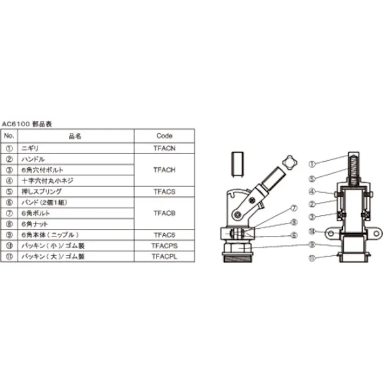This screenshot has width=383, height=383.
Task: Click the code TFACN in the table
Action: pos(164,146)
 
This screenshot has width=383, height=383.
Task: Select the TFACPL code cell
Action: pos(164,257)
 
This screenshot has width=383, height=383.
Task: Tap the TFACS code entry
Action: pos(164,191)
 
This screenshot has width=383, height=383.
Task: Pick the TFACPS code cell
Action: pos(164,246)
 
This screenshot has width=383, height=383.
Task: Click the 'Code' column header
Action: pos(164,136)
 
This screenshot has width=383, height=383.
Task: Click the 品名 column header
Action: pos(75,136)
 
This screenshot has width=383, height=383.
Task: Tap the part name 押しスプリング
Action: pos(41,191)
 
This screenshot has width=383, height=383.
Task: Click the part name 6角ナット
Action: pos(35,224)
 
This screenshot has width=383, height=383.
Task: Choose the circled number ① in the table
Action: pos(9,146)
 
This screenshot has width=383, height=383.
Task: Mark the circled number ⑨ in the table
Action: pos(9,235)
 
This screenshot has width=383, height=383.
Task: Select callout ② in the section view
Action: pos(313,203)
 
